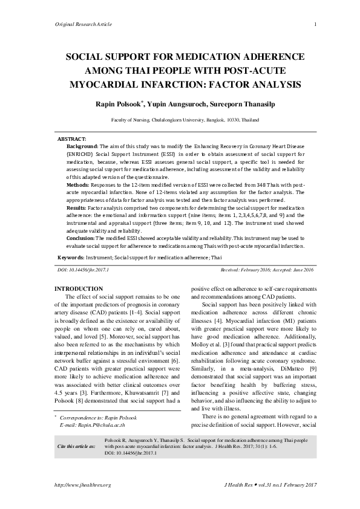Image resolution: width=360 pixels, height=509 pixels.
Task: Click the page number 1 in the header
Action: [x=316, y=24]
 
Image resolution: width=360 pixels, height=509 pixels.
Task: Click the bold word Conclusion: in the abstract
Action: [x=81, y=238]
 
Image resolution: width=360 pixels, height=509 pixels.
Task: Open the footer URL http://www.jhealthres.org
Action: [x=82, y=485]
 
